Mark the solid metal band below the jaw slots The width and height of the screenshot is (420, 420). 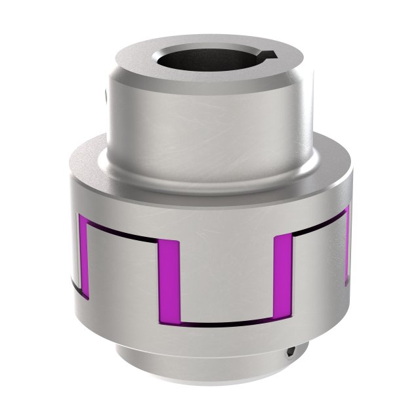pos(210,341)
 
